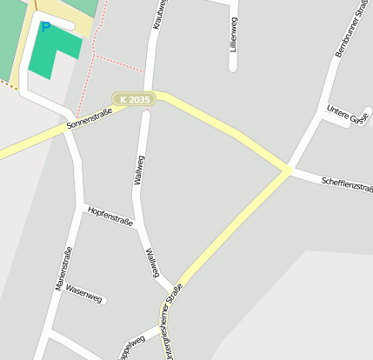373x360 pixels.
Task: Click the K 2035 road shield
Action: point(134,100)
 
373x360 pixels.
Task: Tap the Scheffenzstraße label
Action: point(346,183)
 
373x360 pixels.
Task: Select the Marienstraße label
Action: point(62,269)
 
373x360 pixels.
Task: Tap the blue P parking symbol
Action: point(45,27)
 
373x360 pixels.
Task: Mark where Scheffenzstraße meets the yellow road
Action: point(287,171)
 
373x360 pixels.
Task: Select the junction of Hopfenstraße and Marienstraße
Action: point(83,207)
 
